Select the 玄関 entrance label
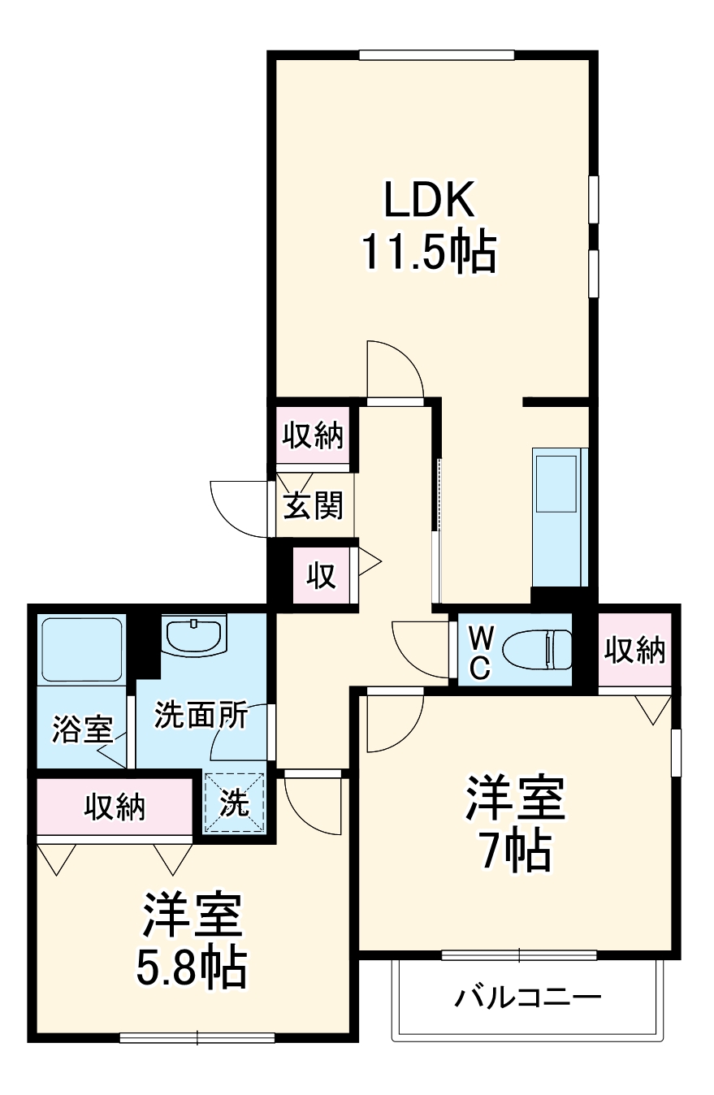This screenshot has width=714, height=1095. [313, 505]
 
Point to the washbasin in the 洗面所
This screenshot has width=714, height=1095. [195, 634]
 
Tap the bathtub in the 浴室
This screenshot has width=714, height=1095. [82, 649]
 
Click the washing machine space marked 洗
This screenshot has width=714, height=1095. [235, 803]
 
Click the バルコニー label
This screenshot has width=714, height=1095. [528, 997]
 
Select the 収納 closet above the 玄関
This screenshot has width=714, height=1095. [313, 436]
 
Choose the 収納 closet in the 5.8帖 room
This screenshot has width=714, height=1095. [115, 807]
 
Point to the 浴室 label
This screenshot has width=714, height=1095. [81, 729]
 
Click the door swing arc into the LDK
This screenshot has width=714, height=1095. [396, 370]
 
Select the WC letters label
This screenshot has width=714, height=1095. [480, 650]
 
